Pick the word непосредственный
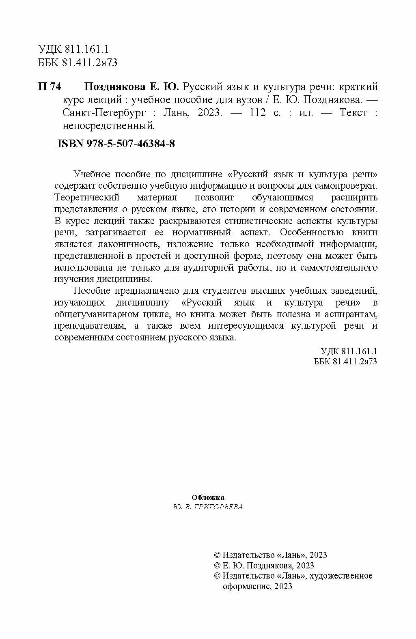click(108, 126)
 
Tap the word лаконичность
click(127, 244)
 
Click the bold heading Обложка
click(207, 497)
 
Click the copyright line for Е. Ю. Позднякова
click(264, 565)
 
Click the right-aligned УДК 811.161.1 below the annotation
click(349, 351)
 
